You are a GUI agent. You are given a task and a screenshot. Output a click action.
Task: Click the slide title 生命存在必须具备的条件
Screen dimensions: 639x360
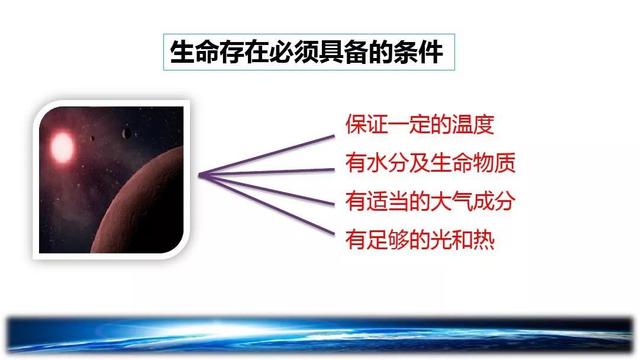coord(306,52)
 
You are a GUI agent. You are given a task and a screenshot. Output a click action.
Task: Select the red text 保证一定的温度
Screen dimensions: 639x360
coord(419,124)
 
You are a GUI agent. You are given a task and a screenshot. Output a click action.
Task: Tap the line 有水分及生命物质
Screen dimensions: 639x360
coord(430,163)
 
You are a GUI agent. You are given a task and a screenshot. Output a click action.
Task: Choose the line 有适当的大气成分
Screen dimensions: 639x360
coord(430,201)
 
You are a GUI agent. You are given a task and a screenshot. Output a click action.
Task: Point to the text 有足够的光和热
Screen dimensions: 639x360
coord(419,239)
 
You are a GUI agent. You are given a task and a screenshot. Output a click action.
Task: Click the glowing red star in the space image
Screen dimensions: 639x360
coord(62,147)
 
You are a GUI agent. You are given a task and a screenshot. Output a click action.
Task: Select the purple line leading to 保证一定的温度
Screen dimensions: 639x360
coord(266,155)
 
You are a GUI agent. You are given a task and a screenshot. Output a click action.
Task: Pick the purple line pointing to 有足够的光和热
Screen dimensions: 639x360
coord(266,205)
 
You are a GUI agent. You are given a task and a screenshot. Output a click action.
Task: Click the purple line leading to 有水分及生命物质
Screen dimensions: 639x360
coord(266,172)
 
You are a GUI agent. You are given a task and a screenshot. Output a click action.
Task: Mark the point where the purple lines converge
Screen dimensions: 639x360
coord(199,175)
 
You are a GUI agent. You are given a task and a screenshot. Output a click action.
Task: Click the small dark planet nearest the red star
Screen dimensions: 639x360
coord(93,139)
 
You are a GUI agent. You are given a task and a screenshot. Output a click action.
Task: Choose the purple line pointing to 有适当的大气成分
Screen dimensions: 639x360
coord(266,189)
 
